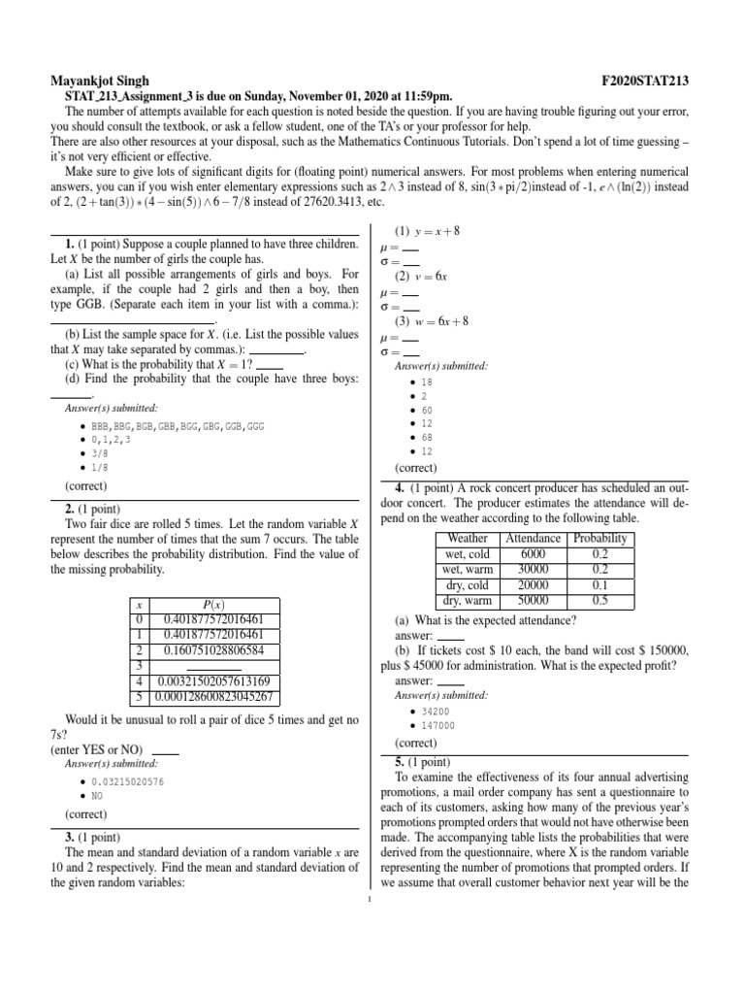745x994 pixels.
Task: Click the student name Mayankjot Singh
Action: click(x=101, y=80)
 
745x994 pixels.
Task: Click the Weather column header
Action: click(x=469, y=539)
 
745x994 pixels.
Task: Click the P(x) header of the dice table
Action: click(x=213, y=604)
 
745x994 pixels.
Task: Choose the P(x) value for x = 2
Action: click(x=214, y=650)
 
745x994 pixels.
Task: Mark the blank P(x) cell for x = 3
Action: click(x=214, y=666)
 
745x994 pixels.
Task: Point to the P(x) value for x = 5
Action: click(x=214, y=697)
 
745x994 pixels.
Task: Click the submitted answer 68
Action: click(x=427, y=438)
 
